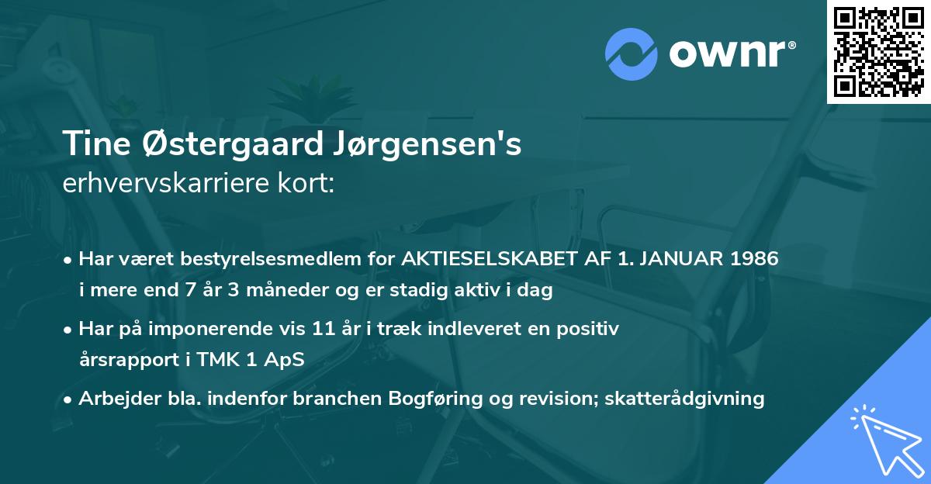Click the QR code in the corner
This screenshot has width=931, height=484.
[x=879, y=51]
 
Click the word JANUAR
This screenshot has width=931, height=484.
[x=666, y=259]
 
